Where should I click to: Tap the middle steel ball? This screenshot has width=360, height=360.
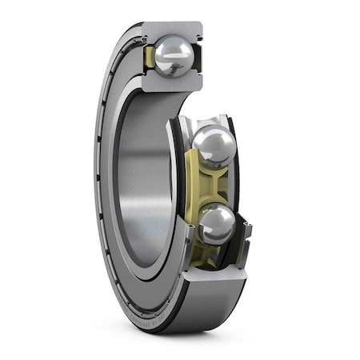[x=214, y=146]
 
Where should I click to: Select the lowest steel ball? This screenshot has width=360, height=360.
[x=216, y=223]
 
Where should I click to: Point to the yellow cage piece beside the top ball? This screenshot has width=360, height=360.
[x=150, y=57]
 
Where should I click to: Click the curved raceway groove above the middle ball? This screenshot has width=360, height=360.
[x=204, y=120]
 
